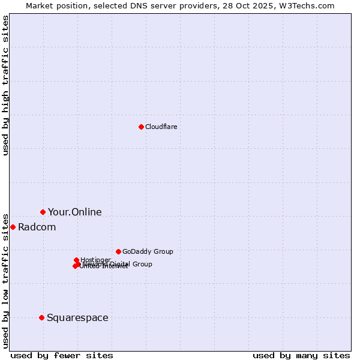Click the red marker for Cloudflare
click(141, 127)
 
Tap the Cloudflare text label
click(161, 127)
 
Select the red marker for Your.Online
click(43, 212)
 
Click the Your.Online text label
click(74, 212)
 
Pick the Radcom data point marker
click(13, 227)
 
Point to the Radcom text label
click(37, 227)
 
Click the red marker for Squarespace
click(41, 317)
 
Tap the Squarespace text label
click(77, 317)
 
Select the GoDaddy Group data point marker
click(118, 251)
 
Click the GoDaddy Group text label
click(148, 251)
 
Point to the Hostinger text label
click(95, 260)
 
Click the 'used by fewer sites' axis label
click(62, 355)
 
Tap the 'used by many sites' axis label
click(301, 355)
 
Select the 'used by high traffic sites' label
click(5, 85)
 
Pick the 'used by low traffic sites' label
click(5, 280)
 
